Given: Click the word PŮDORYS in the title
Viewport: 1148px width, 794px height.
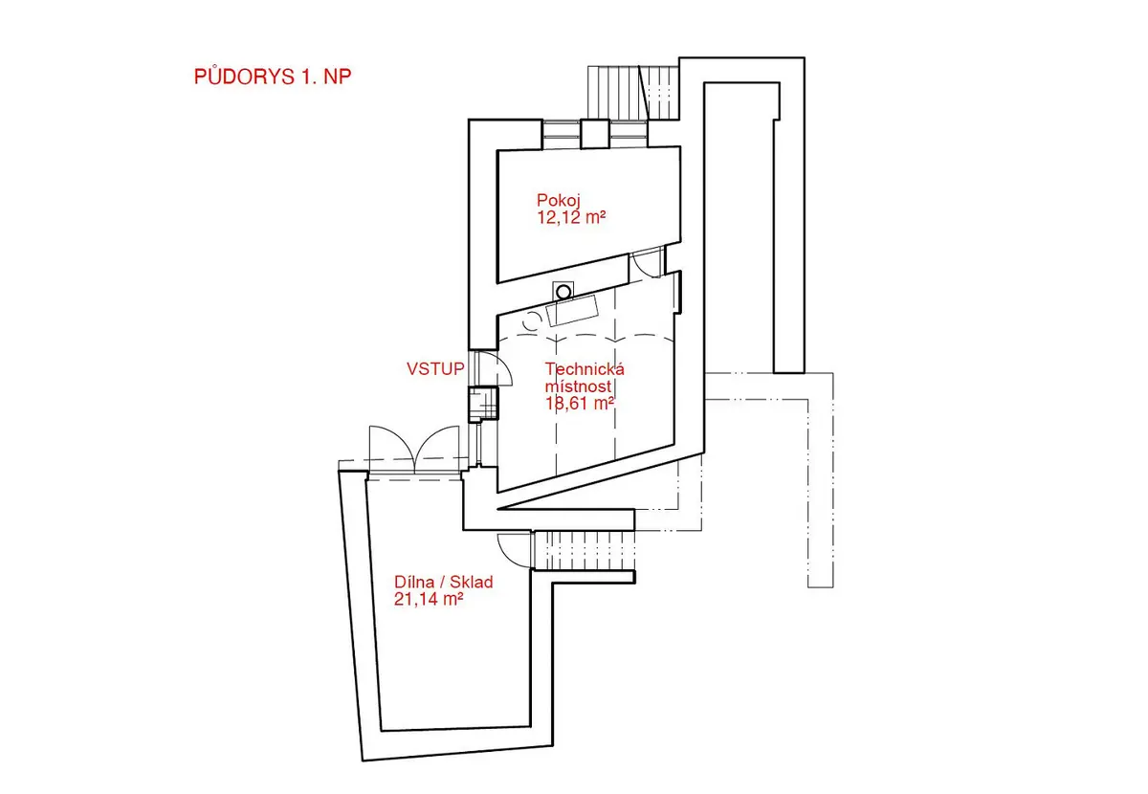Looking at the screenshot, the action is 245,76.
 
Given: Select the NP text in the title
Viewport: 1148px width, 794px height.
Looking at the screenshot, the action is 337,77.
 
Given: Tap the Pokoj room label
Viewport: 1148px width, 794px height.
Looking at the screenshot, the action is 558,201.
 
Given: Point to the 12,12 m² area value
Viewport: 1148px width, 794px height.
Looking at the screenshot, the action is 571,217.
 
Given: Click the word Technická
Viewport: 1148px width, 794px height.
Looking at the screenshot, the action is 585,369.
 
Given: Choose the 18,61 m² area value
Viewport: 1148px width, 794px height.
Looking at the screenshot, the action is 580,404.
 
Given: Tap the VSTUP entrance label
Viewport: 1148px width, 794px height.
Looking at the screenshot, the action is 435,369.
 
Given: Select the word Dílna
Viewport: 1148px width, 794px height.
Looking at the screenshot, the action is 414,582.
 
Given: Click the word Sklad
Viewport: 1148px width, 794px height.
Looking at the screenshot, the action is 472,582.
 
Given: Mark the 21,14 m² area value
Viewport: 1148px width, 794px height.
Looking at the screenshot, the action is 429,599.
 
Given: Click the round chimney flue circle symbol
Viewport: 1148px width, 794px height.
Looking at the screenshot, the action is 563,293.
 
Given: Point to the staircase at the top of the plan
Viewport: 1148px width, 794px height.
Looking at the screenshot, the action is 633,93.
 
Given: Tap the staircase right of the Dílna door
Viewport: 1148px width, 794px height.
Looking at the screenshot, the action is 585,550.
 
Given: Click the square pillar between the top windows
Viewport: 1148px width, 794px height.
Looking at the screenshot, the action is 595,134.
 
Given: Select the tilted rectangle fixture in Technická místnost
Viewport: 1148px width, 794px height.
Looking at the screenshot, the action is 572,310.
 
